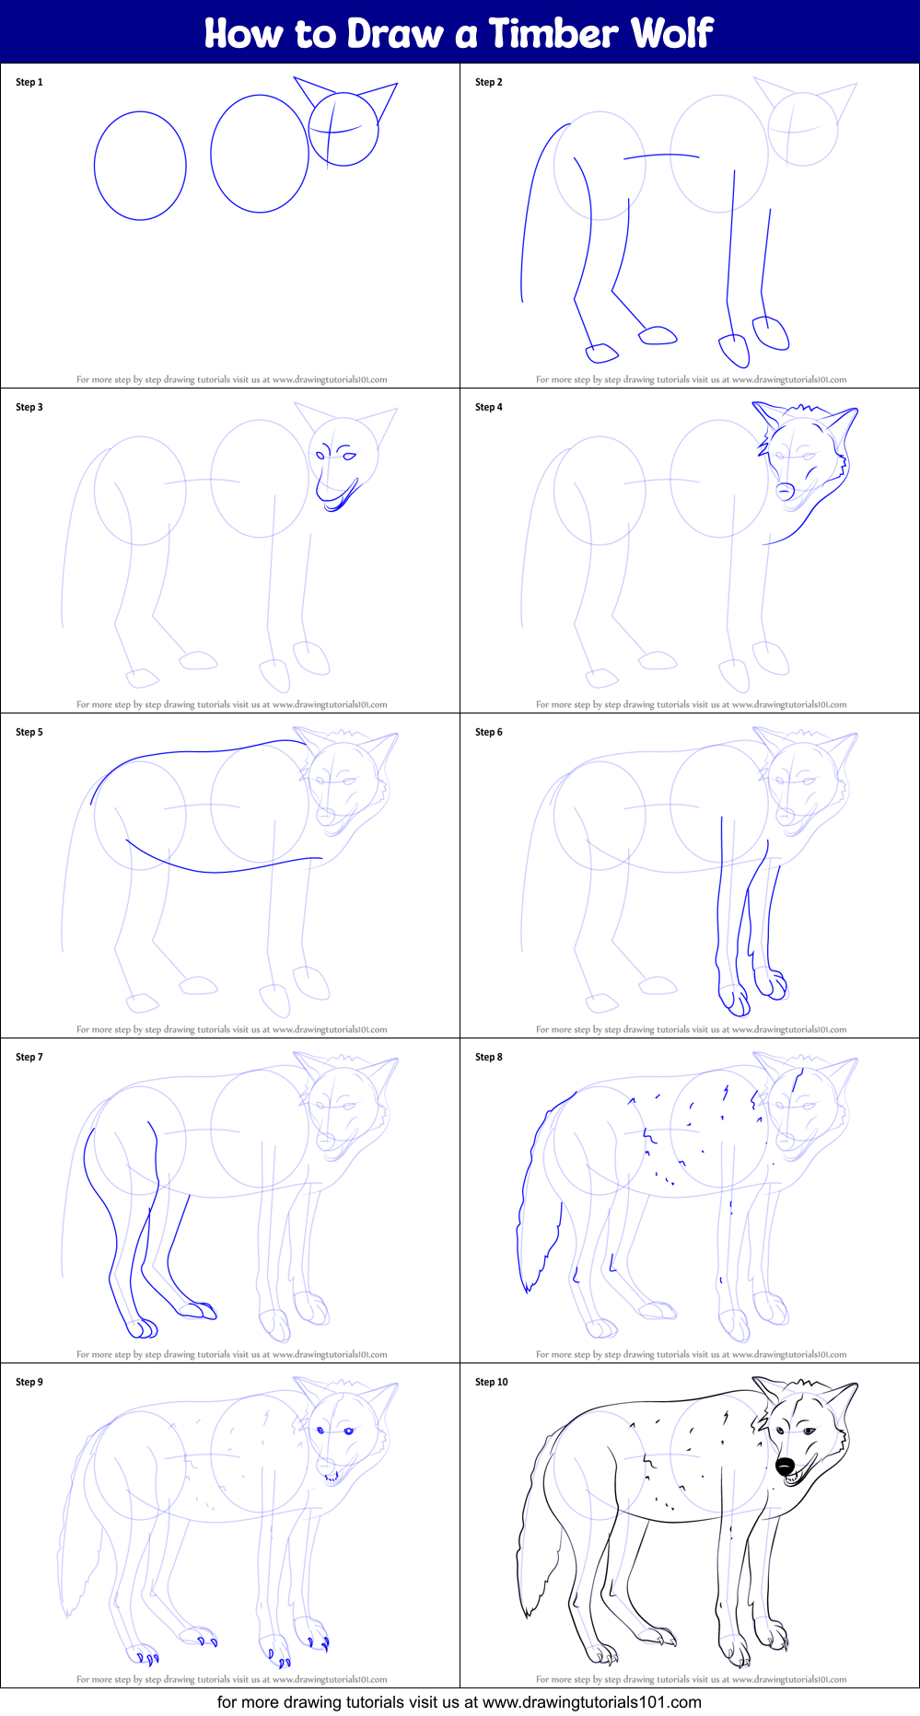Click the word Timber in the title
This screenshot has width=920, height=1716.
pyautogui.click(x=553, y=33)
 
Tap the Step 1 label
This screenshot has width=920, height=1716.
pyautogui.click(x=29, y=82)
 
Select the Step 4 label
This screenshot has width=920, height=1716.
pyautogui.click(x=489, y=407)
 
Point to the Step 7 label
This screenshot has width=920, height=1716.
pyautogui.click(x=29, y=1057)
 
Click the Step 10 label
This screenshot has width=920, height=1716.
pyautogui.click(x=492, y=1382)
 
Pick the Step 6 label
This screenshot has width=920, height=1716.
pyautogui.click(x=489, y=732)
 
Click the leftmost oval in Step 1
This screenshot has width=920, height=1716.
pyautogui.click(x=140, y=166)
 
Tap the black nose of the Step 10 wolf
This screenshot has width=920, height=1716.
pyautogui.click(x=785, y=1466)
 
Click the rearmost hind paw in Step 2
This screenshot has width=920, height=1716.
pyautogui.click(x=602, y=353)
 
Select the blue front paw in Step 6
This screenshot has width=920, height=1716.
pyautogui.click(x=735, y=1000)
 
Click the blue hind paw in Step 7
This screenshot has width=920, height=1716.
pyautogui.click(x=143, y=1328)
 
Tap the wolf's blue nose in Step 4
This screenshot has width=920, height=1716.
pyautogui.click(x=784, y=491)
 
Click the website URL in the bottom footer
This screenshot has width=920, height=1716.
pyautogui.click(x=592, y=1702)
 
